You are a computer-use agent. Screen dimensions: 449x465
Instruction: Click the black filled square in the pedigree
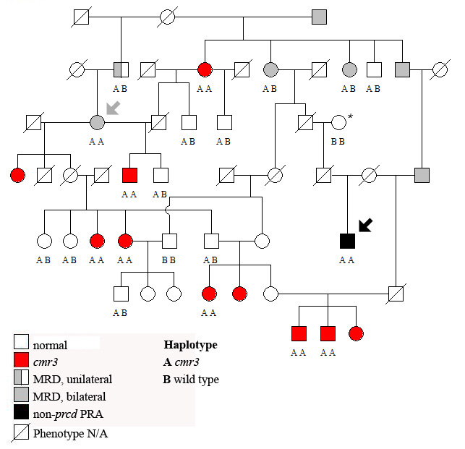pyautogui.click(x=347, y=241)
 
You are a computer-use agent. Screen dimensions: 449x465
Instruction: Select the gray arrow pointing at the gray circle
pyautogui.click(x=114, y=108)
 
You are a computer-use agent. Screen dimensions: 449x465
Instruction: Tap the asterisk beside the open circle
pyautogui.click(x=351, y=116)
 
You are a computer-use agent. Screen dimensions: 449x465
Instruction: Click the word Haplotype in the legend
pyautogui.click(x=190, y=345)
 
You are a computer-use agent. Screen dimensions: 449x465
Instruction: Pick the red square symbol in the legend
pyautogui.click(x=22, y=360)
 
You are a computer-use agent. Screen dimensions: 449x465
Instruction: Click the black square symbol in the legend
pyautogui.click(x=22, y=414)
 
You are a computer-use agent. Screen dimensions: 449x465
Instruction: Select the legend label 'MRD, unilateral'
pyautogui.click(x=72, y=379)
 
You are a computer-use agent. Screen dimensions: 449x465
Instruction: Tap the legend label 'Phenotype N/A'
pyautogui.click(x=71, y=433)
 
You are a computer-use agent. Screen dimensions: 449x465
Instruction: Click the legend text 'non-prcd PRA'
pyautogui.click(x=70, y=414)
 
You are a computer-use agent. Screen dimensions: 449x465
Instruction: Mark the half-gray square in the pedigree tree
pyautogui.click(x=121, y=69)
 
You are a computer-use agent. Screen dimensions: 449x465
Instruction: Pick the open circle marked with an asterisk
pyautogui.click(x=338, y=123)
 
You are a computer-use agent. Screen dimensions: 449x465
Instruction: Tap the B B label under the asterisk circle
pyautogui.click(x=338, y=142)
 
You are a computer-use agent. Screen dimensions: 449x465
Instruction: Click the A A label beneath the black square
pyautogui.click(x=347, y=260)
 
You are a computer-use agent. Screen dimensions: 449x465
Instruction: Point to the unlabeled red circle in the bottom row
pyautogui.click(x=355, y=333)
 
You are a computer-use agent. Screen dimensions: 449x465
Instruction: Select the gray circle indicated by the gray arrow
pyautogui.click(x=97, y=123)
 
